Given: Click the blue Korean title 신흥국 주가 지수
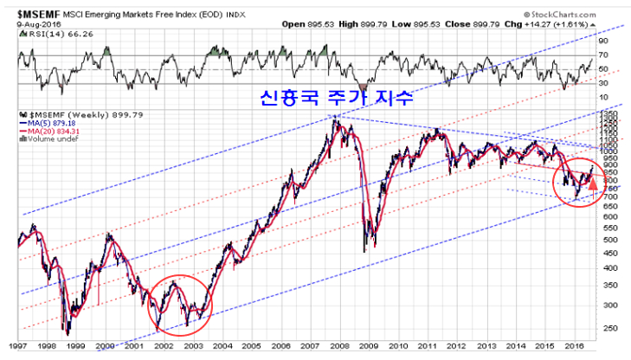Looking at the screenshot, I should pyautogui.click(x=331, y=99).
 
